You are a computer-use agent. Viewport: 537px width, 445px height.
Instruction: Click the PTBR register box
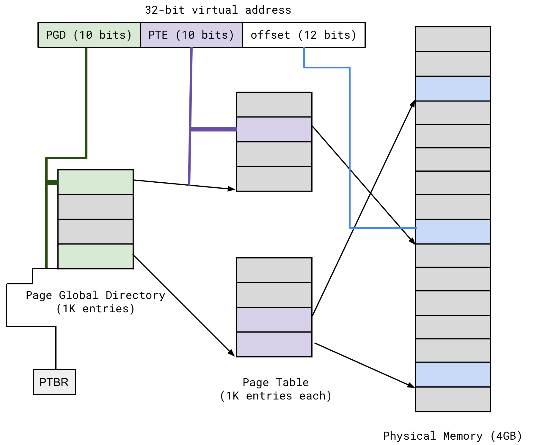pos(54,382)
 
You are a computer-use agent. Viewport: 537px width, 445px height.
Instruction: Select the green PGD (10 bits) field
pos(89,35)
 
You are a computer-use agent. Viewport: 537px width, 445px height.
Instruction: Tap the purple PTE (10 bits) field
pos(191,35)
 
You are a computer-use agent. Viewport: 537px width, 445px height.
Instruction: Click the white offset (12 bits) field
pos(304,35)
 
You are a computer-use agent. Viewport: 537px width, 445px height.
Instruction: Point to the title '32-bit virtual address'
pos(218,10)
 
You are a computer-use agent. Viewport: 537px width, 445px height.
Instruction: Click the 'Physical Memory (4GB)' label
pos(452,436)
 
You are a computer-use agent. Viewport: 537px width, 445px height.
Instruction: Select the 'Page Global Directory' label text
pos(95,295)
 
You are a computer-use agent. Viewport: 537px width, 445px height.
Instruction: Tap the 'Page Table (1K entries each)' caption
pos(276,389)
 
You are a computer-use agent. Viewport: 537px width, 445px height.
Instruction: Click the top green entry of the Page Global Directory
pos(95,182)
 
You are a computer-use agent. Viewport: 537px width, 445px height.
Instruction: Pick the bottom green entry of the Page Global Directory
pos(95,256)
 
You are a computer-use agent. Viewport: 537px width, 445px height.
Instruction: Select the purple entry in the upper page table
pos(274,129)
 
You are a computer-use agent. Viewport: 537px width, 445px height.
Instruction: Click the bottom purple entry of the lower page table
pos(274,344)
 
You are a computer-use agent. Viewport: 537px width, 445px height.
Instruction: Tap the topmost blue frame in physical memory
pos(453,89)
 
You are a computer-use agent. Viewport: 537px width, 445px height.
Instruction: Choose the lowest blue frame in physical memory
pos(453,375)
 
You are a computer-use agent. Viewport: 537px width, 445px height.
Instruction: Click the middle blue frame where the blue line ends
pos(453,232)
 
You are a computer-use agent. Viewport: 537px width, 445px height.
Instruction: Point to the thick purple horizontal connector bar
pos(213,129)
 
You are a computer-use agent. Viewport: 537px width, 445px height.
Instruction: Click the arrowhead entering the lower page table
pos(232,353)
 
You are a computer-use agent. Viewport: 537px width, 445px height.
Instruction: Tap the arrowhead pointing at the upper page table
pos(232,189)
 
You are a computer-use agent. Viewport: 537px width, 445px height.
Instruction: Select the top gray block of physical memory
pos(453,39)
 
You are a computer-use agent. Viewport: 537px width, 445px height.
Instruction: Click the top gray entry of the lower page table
pos(274,270)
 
